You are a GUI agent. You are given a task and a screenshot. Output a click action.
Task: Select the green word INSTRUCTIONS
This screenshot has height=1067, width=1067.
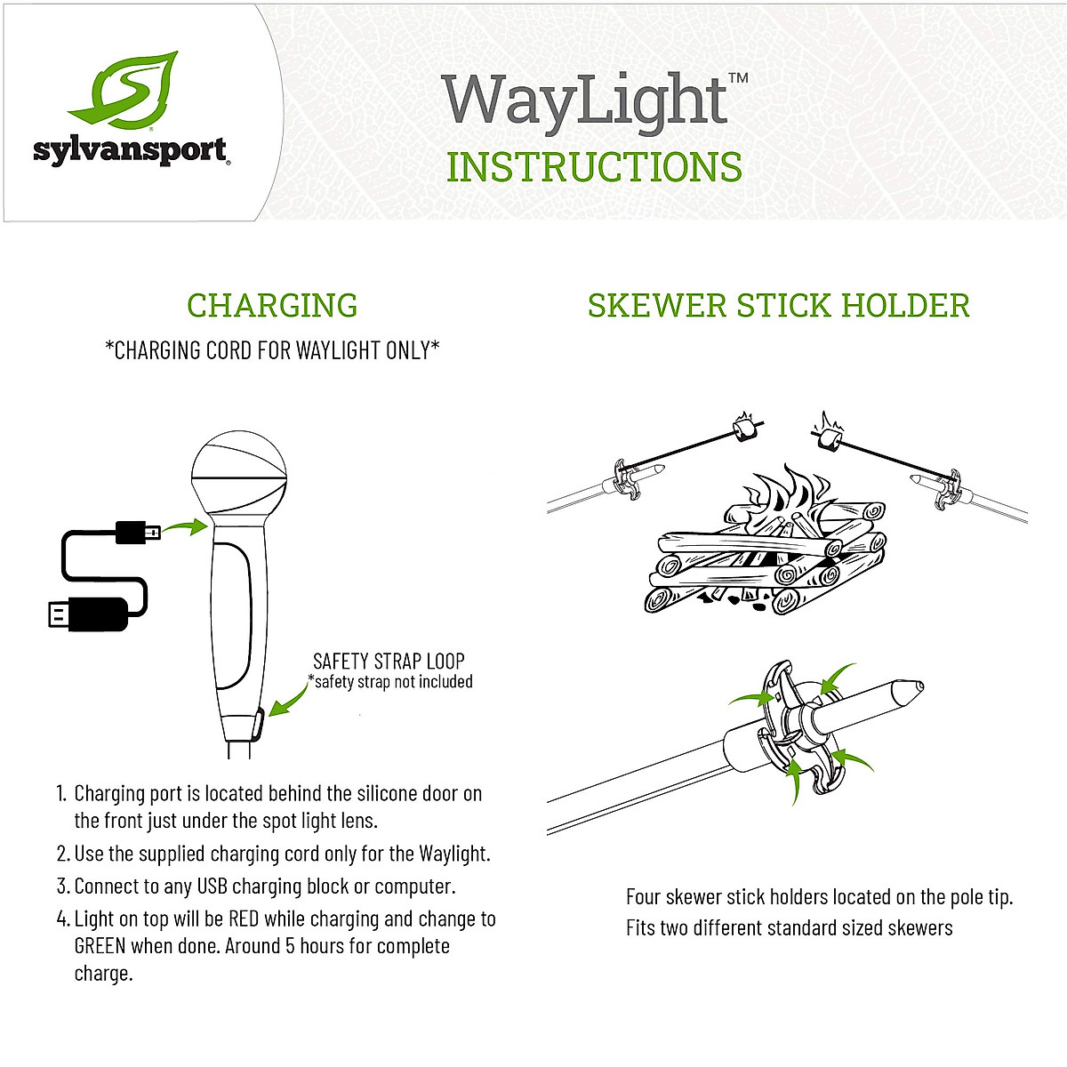tap(594, 167)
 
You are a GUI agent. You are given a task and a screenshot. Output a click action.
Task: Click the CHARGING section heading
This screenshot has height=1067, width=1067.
tap(272, 305)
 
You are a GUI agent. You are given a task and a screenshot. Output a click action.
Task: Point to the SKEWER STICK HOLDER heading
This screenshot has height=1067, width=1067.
tap(778, 305)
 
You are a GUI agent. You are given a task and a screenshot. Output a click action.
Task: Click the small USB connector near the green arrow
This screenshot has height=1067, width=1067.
tap(138, 533)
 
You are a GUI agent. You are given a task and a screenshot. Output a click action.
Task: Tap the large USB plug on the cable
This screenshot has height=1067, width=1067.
tap(89, 614)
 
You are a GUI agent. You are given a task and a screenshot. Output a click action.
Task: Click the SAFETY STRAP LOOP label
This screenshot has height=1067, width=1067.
tap(389, 661)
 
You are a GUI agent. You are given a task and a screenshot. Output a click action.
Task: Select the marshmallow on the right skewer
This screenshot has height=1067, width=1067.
tap(830, 439)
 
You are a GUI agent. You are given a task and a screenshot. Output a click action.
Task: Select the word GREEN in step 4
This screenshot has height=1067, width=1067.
tap(100, 946)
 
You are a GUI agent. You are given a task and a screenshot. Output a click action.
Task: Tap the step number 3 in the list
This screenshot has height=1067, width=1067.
tap(62, 886)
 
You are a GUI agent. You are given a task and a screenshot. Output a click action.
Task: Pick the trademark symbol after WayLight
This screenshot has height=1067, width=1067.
tap(738, 78)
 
